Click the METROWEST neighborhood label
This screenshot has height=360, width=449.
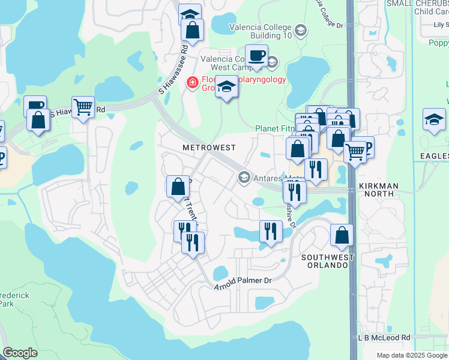tap(209, 148)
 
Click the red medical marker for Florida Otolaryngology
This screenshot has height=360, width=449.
tap(193, 82)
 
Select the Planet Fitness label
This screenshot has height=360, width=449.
tap(275, 128)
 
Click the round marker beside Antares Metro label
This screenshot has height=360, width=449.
tap(244, 177)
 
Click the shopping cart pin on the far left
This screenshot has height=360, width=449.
tap(83, 108)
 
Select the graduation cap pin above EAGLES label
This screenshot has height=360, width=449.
tap(434, 120)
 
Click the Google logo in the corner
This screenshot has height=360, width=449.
tap(20, 353)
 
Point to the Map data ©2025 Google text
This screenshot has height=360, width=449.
tap(412, 355)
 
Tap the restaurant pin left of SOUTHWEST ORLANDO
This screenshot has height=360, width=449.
tap(270, 231)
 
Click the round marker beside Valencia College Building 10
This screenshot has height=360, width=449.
tap(301, 30)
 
